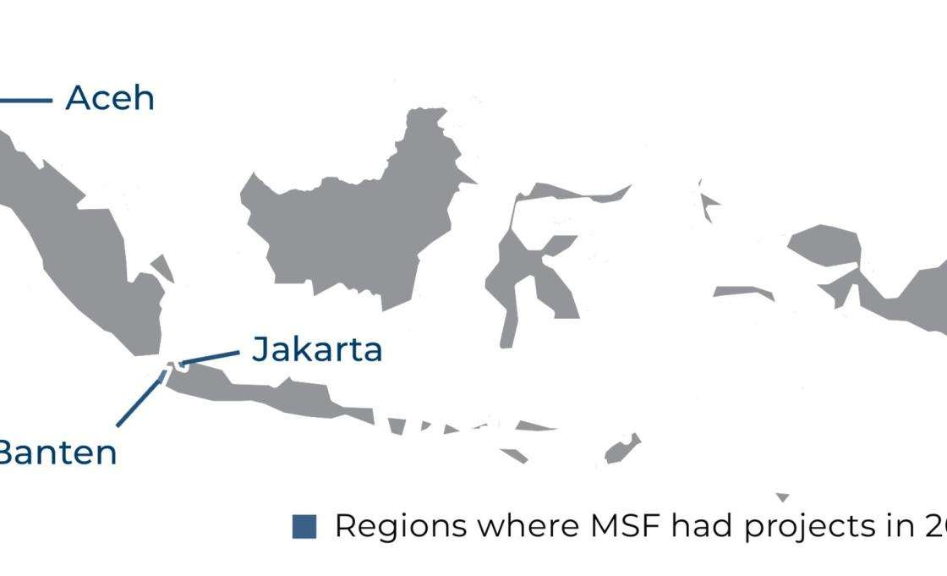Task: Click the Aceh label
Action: coord(110,98)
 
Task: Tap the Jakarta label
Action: coord(317,348)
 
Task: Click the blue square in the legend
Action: coord(304,526)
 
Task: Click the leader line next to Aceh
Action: coord(25,101)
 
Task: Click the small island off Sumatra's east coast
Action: coord(161,267)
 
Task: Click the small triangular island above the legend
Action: coord(782,496)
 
